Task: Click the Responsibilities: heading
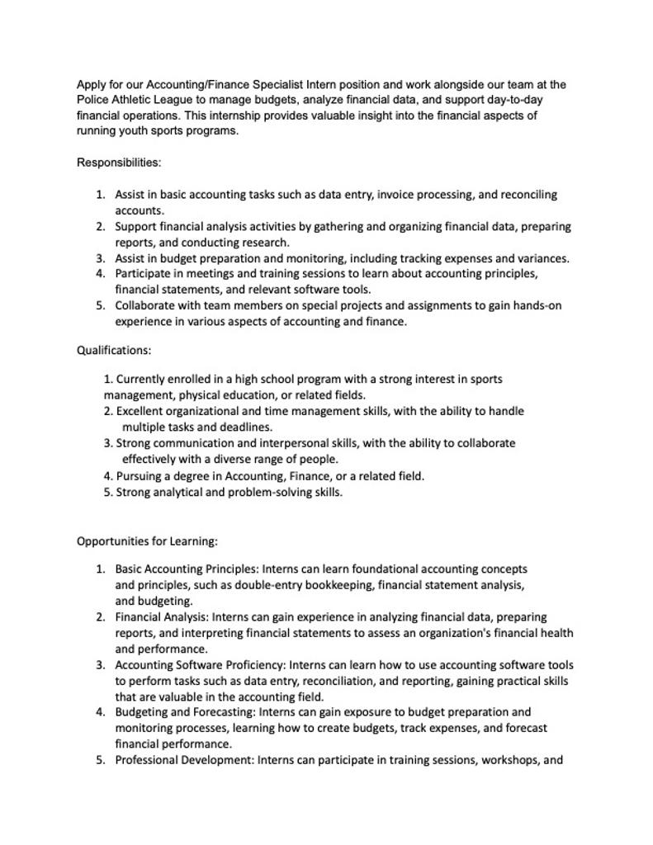tap(119, 163)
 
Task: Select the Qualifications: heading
tap(114, 350)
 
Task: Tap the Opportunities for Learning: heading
tap(147, 541)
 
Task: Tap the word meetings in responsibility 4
tap(210, 273)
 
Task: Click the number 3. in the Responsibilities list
tap(100, 258)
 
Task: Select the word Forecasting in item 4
tap(221, 712)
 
